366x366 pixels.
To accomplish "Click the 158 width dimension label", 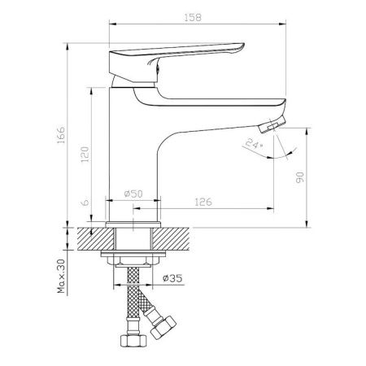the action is pyautogui.click(x=193, y=17).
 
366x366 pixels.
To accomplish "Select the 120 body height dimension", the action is pyautogui.click(x=85, y=154).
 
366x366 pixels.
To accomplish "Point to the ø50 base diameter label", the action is pyautogui.click(x=133, y=194).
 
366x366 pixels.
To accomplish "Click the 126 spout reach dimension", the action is pyautogui.click(x=203, y=202).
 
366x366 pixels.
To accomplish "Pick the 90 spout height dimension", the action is pyautogui.click(x=300, y=177).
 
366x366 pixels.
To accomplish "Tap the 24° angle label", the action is pyautogui.click(x=254, y=143).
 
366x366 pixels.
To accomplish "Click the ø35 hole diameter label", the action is pyautogui.click(x=172, y=278).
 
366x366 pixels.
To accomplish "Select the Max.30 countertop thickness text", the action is pyautogui.click(x=61, y=276).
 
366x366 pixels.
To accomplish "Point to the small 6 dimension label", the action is pyautogui.click(x=85, y=203).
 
